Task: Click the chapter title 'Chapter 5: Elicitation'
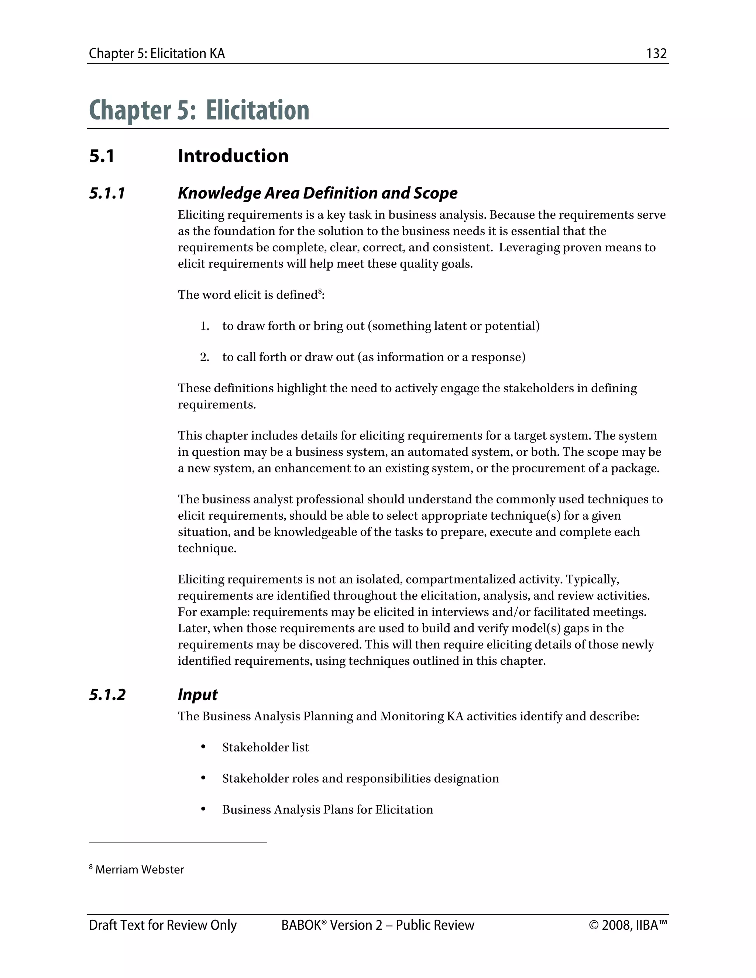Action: (199, 110)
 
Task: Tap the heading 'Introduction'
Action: (233, 156)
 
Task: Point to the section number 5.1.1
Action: (107, 193)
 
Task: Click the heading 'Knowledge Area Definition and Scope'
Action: (317, 193)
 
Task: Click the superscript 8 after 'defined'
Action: (320, 292)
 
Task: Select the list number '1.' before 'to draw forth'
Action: (205, 326)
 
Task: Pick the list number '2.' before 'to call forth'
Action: (205, 357)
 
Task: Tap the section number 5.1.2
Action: (107, 695)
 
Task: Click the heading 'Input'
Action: (197, 695)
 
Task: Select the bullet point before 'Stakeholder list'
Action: (203, 747)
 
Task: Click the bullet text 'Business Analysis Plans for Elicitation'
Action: (327, 810)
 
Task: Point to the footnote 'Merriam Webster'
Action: (139, 869)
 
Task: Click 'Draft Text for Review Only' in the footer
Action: (162, 925)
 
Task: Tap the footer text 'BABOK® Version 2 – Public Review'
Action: (377, 925)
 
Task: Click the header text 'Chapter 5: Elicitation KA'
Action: (157, 54)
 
